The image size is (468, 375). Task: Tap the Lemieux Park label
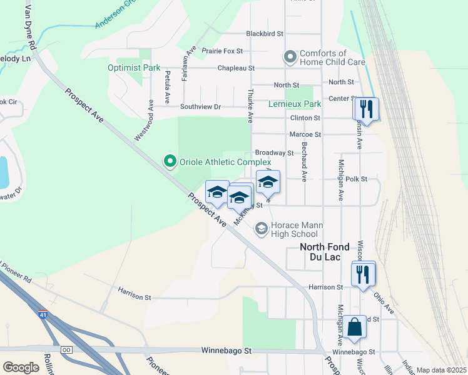coord(295,104)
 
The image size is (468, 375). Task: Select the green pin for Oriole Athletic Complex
coord(170,162)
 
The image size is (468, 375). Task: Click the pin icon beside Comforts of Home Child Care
coord(290,57)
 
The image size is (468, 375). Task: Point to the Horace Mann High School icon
coord(261,230)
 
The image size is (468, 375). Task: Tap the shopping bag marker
coord(355,327)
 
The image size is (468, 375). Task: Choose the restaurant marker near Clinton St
coord(366,109)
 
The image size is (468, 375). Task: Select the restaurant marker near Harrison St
coord(364,273)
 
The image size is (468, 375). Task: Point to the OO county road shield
coord(67,349)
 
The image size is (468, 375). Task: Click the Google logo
coord(21,367)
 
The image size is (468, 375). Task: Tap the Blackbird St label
coord(265,33)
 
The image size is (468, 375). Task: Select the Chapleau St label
coord(236,67)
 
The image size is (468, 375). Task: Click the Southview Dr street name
coord(200,106)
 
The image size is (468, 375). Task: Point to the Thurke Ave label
coord(250,105)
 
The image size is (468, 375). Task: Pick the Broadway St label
coord(274,152)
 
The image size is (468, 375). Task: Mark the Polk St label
coord(355,179)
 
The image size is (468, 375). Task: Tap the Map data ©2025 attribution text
coord(440,370)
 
